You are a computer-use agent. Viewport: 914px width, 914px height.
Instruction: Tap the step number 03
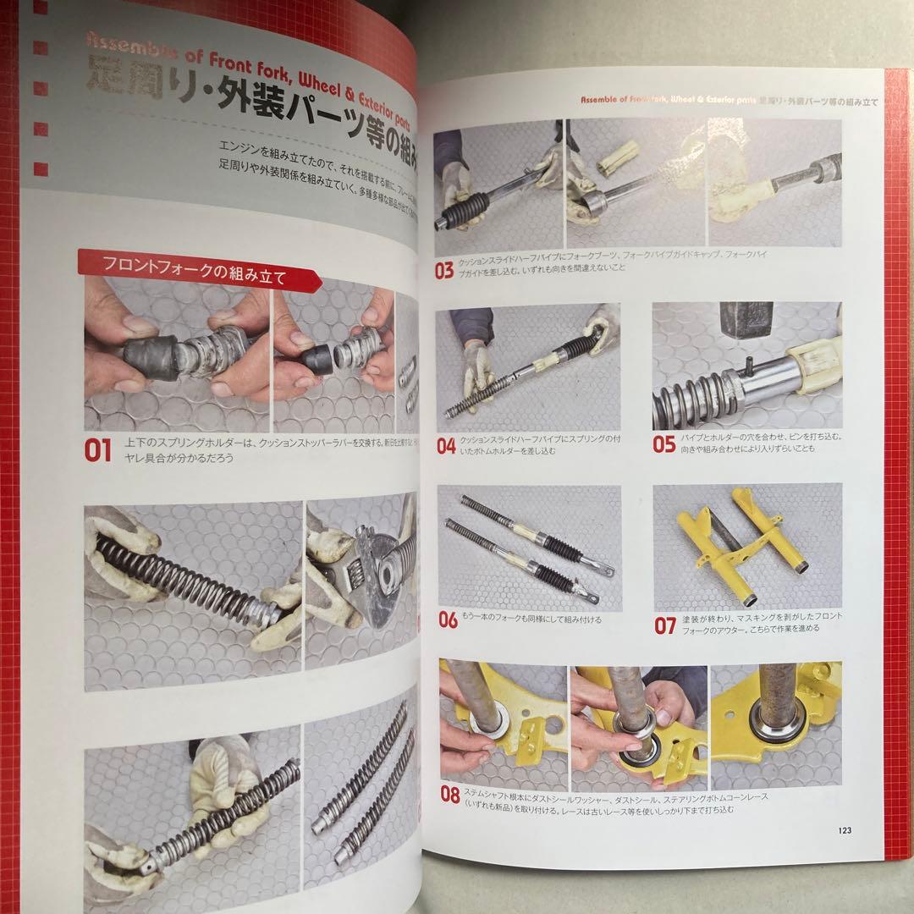coord(444,271)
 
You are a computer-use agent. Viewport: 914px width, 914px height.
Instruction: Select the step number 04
coord(446,446)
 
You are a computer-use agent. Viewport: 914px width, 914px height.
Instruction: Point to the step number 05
coord(664,444)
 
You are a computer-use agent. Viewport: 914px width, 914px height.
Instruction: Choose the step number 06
coord(448,620)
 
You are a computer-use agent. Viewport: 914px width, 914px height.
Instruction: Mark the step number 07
coord(665,626)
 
